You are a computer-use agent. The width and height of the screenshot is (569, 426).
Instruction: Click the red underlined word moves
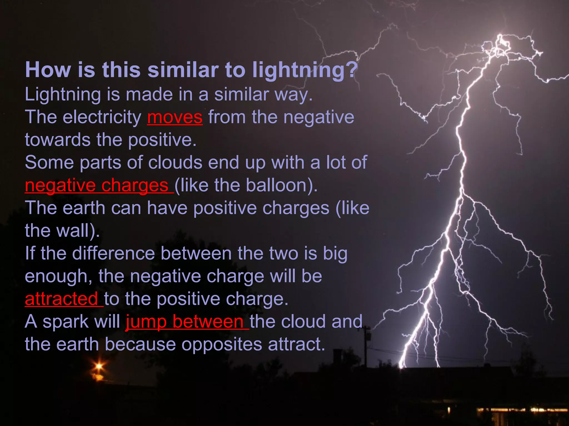[x=175, y=118]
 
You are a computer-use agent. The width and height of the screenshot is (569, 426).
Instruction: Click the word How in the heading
[x=48, y=70]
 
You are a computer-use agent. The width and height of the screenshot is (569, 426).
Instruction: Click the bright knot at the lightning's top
[x=500, y=46]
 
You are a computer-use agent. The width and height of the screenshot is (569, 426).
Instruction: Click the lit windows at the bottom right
[x=522, y=410]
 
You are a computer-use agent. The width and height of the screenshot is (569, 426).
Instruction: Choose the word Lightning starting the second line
[x=63, y=95]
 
